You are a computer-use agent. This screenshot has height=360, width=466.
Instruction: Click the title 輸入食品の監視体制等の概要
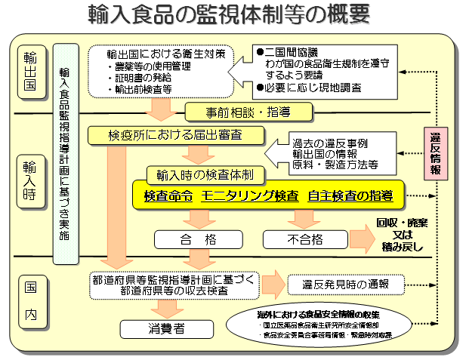pyautogui.click(x=233, y=15)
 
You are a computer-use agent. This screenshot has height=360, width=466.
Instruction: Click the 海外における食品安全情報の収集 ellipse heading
pyautogui.click(x=328, y=312)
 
